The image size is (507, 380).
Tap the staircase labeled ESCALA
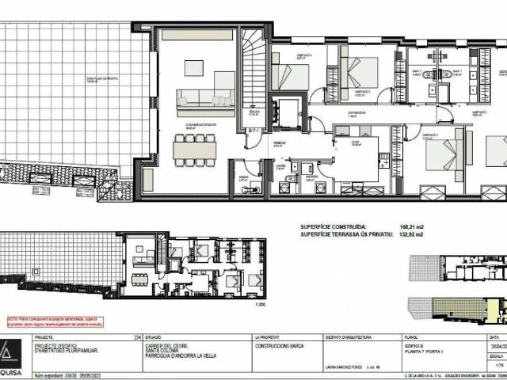click(253, 75)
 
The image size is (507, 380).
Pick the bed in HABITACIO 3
click(361, 74)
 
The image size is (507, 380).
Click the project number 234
click(116, 336)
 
